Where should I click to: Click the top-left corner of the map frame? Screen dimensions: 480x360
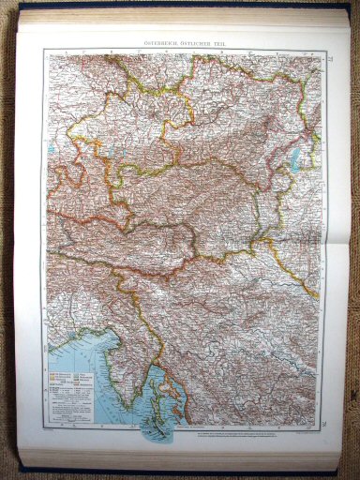pos(44,52)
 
